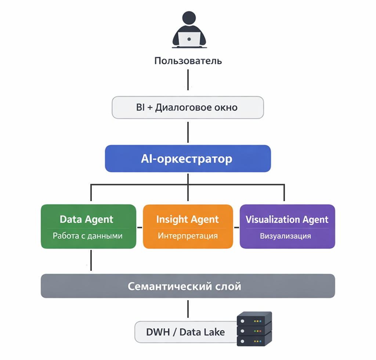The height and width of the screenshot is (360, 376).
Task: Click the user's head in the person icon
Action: click(189, 18)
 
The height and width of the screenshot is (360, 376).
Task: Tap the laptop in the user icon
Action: click(189, 39)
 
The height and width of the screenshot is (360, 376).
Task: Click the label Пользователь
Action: click(188, 61)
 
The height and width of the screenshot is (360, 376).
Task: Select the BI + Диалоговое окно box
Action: click(188, 108)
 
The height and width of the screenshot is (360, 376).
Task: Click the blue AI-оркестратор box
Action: click(188, 159)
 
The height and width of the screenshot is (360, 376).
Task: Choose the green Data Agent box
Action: click(88, 226)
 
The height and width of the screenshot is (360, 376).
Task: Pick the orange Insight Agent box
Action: click(188, 226)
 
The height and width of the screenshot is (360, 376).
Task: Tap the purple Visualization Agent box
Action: click(287, 226)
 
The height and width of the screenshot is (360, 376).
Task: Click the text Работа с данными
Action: click(87, 236)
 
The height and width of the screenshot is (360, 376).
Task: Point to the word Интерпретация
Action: click(188, 236)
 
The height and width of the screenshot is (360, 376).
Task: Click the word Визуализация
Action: click(285, 236)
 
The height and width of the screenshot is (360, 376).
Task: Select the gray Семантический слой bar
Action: click(188, 286)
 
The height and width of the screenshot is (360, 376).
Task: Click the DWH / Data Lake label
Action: click(185, 332)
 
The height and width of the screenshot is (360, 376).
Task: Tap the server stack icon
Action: click(254, 329)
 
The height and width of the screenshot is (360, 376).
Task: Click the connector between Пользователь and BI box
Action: click(188, 80)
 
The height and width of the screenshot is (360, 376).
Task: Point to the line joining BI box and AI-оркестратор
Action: click(188, 132)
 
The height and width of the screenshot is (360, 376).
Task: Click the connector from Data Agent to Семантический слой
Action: click(91, 260)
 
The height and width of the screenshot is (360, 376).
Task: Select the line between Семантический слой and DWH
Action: click(188, 309)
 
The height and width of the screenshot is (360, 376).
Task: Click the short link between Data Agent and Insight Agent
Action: click(140, 228)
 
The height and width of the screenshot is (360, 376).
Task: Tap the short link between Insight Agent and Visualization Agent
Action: click(236, 228)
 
